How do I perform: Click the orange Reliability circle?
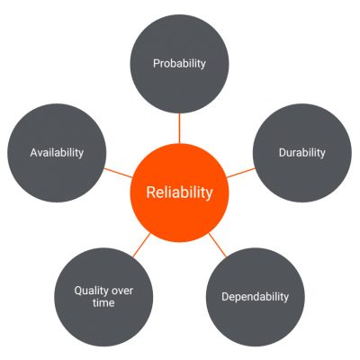[179, 193]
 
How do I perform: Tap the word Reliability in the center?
[179, 192]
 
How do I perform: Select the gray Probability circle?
[179, 64]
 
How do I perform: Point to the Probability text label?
[179, 64]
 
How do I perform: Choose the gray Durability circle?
[302, 153]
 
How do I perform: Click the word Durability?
[302, 153]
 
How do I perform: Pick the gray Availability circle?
[57, 153]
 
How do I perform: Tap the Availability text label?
[57, 153]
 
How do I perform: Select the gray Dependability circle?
[256, 297]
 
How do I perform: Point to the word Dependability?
[256, 297]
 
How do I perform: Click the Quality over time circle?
[103, 297]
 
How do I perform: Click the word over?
[122, 291]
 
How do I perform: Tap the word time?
[103, 302]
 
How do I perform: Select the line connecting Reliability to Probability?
[179, 128]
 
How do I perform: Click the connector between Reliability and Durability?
[241, 173]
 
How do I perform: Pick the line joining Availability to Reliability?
[118, 173]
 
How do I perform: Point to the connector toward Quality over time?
[141, 245]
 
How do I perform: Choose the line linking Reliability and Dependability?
[218, 245]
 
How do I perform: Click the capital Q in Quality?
[78, 291]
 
